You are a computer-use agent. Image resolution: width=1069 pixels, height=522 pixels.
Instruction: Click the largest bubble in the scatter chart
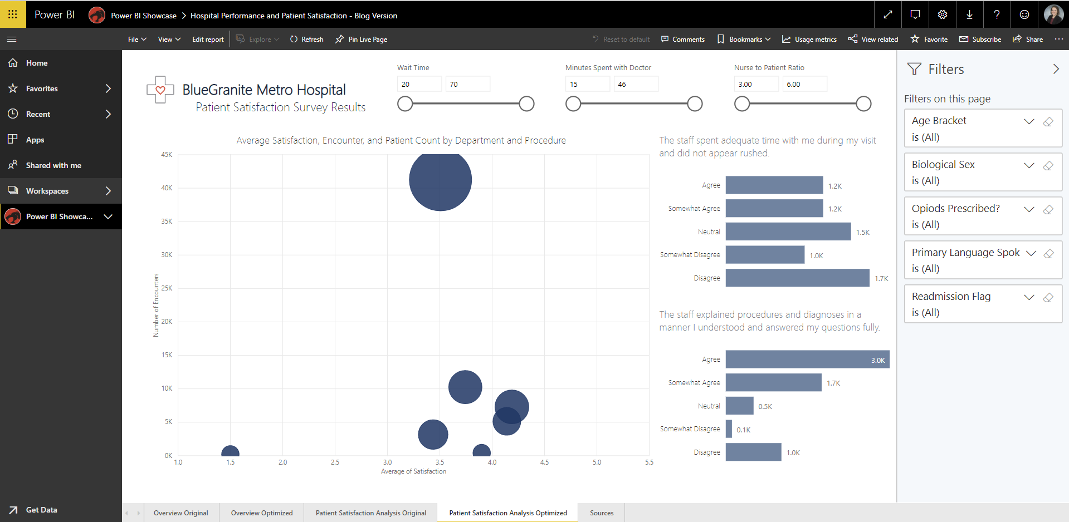(440, 180)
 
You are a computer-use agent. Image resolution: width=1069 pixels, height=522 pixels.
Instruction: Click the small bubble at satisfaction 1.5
(230, 452)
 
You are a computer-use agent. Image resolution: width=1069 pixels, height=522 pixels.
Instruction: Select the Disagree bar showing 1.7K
(797, 278)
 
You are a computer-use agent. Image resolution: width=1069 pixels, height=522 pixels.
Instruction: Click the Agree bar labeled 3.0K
(807, 360)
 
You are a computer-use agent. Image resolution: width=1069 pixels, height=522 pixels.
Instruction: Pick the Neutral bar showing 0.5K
(739, 406)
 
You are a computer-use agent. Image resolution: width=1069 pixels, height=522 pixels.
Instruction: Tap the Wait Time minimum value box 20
(419, 84)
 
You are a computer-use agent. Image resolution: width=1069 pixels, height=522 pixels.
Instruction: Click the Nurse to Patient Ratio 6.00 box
(804, 84)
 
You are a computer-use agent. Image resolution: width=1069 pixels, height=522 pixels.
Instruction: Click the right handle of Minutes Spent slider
(695, 104)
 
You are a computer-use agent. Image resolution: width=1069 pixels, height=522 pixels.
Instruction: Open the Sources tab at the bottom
(602, 513)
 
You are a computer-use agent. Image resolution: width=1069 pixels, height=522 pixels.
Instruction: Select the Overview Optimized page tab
(261, 513)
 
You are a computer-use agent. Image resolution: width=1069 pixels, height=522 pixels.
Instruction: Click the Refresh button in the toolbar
(307, 40)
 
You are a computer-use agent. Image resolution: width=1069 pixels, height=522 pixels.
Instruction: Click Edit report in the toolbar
(208, 40)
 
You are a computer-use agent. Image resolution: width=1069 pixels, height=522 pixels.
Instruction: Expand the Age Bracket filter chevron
(1029, 121)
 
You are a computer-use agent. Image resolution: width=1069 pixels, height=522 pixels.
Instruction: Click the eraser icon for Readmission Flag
(1048, 297)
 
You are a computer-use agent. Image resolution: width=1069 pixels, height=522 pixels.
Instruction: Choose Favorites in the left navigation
(42, 88)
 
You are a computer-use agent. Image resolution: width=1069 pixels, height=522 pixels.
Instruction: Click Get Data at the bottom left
(41, 510)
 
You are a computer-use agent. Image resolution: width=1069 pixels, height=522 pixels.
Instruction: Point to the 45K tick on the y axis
(167, 155)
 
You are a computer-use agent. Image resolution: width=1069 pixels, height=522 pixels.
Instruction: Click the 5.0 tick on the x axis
(597, 462)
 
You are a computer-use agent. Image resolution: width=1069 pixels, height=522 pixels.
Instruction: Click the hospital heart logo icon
(160, 90)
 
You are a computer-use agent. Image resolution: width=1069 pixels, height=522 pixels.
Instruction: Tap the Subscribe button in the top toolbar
(980, 40)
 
